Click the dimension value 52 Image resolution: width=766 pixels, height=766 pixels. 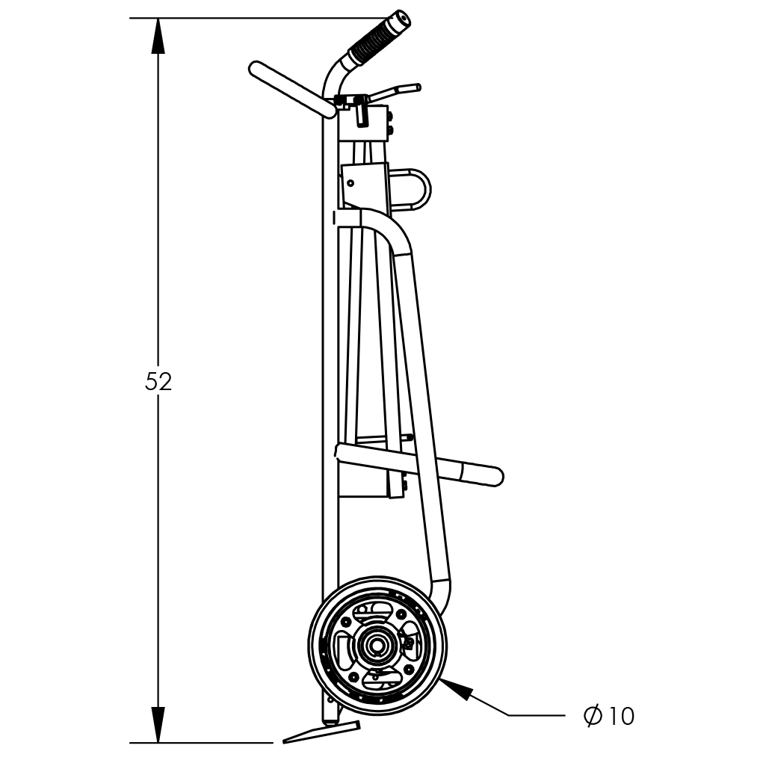158,382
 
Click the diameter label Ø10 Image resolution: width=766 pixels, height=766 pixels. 609,716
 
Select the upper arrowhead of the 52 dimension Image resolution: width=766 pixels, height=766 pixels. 158,36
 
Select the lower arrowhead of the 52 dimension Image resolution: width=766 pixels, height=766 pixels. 158,724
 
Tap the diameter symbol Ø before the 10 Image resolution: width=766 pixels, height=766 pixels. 593,716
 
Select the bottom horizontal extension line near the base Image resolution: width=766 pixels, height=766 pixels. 201,743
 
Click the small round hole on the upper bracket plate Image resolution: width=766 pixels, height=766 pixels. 350,183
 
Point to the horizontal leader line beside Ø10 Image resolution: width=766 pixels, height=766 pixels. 537,715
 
